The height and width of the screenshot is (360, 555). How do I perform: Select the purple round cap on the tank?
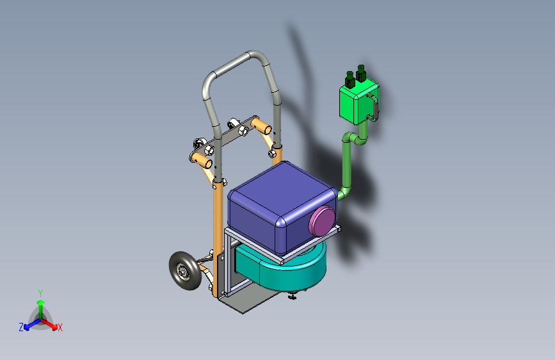pos(322,221)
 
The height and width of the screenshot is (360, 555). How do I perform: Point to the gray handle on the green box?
pos(376,106)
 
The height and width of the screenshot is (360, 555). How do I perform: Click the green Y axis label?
pos(40,291)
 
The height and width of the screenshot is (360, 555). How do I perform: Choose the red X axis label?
pos(60,328)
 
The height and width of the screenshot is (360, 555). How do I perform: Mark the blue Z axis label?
pos(21,327)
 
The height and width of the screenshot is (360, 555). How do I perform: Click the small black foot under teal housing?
pos(293,295)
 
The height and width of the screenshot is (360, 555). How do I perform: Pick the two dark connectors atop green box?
pos(355,78)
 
